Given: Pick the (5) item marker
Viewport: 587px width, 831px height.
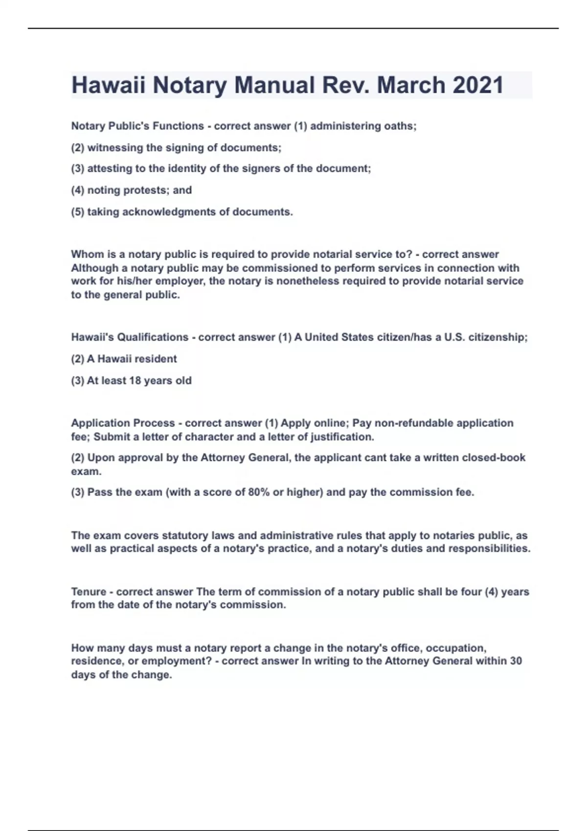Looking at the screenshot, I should (78, 212).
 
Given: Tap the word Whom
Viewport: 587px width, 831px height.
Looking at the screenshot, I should (86, 254).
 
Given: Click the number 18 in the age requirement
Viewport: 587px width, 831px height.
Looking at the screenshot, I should (135, 381).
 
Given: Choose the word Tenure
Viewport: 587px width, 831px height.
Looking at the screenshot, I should (88, 592).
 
